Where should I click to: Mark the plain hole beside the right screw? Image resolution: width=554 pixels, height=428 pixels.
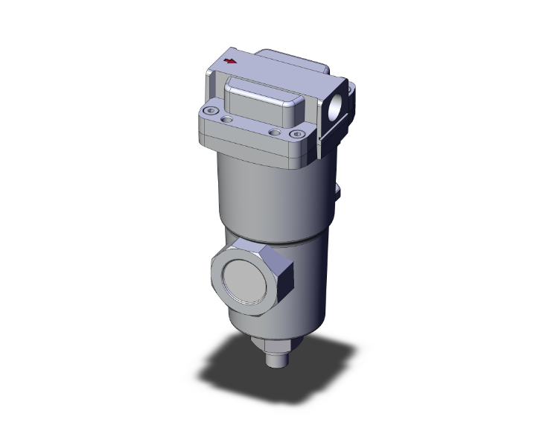276,132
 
